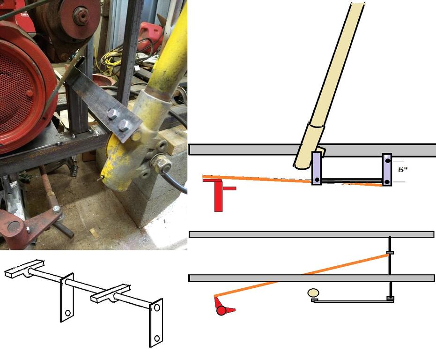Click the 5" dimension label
(402, 170)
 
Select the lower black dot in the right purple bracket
(387, 182)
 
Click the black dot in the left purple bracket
(317, 180)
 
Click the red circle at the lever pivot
(221, 310)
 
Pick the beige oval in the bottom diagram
(313, 292)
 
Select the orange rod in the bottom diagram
(302, 275)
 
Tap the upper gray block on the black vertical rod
(390, 253)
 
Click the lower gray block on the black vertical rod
(391, 299)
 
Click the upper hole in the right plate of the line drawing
(157, 307)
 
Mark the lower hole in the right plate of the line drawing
(157, 338)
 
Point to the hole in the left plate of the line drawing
(67, 313)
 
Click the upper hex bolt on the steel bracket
(112, 113)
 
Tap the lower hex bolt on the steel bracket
(124, 125)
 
